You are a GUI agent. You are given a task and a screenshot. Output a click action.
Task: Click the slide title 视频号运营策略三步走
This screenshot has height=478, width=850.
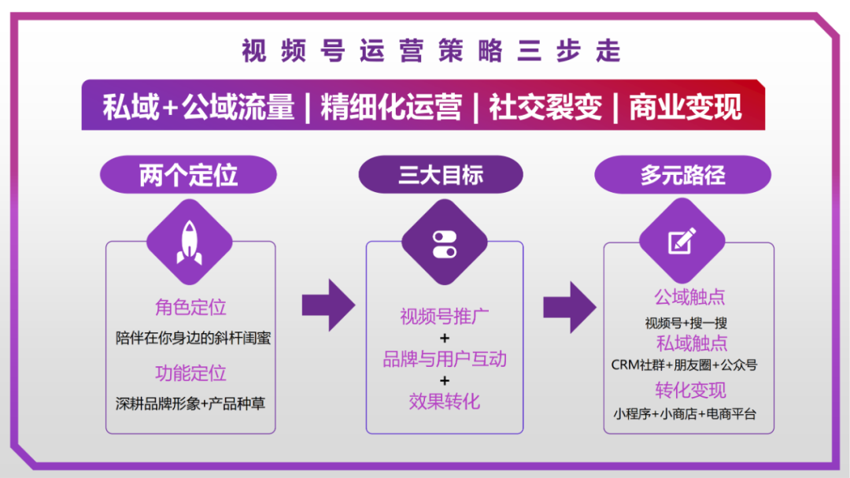[431, 51]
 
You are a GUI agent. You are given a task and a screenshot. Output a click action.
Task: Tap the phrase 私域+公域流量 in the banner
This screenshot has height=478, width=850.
[198, 106]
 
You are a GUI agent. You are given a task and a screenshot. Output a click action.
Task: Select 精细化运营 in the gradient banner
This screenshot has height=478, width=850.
[391, 106]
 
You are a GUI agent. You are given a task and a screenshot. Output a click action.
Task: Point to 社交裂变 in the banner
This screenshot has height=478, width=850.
[545, 106]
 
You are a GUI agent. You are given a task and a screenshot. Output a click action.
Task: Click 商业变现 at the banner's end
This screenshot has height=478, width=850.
[686, 106]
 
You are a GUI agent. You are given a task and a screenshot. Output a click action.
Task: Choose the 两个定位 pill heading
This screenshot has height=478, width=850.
[188, 175]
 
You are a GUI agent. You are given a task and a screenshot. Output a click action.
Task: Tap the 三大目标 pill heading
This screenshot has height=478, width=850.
[441, 175]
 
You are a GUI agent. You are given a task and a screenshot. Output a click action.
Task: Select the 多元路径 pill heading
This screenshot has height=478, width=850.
[682, 175]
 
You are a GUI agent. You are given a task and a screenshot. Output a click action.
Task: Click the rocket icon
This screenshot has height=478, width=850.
[189, 243]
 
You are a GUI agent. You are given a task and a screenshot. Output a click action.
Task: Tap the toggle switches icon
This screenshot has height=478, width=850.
[445, 244]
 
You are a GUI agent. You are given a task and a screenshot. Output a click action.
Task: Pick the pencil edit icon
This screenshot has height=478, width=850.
[682, 241]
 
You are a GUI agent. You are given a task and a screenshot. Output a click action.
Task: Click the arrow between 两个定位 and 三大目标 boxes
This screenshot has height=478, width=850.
[328, 305]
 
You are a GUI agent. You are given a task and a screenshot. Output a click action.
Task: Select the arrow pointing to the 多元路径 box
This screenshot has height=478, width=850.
[570, 307]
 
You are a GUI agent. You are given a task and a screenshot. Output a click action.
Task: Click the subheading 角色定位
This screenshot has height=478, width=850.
[190, 307]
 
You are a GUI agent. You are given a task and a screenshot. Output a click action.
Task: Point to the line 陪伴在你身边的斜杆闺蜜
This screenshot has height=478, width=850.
[193, 338]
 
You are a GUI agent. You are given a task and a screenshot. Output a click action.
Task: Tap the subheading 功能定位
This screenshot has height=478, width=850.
[190, 372]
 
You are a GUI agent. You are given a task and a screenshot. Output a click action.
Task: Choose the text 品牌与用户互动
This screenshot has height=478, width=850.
[445, 358]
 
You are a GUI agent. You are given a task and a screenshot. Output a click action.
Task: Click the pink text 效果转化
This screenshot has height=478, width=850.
[445, 401]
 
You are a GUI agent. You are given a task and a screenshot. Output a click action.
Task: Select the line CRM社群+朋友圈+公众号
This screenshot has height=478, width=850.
[684, 365]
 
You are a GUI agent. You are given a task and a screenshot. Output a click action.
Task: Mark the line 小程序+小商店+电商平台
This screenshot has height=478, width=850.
[685, 414]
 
